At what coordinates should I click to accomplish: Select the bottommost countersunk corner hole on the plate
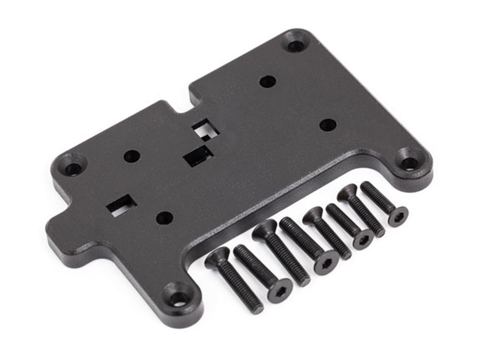(x=179, y=298)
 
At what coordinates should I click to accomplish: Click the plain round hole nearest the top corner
(x=267, y=81)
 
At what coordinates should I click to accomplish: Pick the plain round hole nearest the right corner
(x=327, y=124)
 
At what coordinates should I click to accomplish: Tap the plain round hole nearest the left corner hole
(x=132, y=156)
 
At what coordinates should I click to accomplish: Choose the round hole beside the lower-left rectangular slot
(x=164, y=217)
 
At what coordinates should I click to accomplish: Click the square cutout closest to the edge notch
(x=206, y=129)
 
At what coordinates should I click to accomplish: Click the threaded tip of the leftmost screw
(x=256, y=308)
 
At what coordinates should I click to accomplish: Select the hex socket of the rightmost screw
(x=398, y=216)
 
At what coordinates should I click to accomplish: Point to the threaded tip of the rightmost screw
(x=365, y=186)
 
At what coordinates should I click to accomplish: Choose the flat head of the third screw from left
(x=265, y=230)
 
